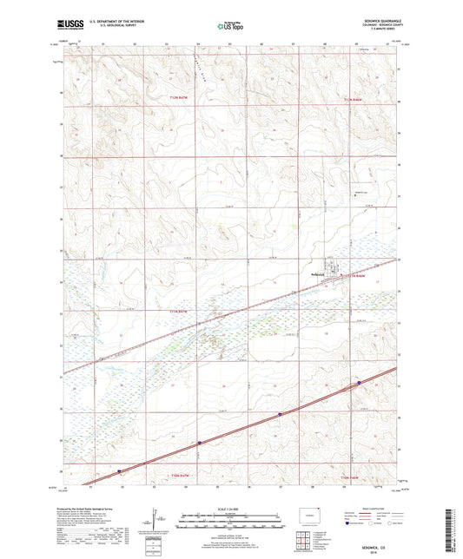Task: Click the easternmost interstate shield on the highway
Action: tap(358, 382)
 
